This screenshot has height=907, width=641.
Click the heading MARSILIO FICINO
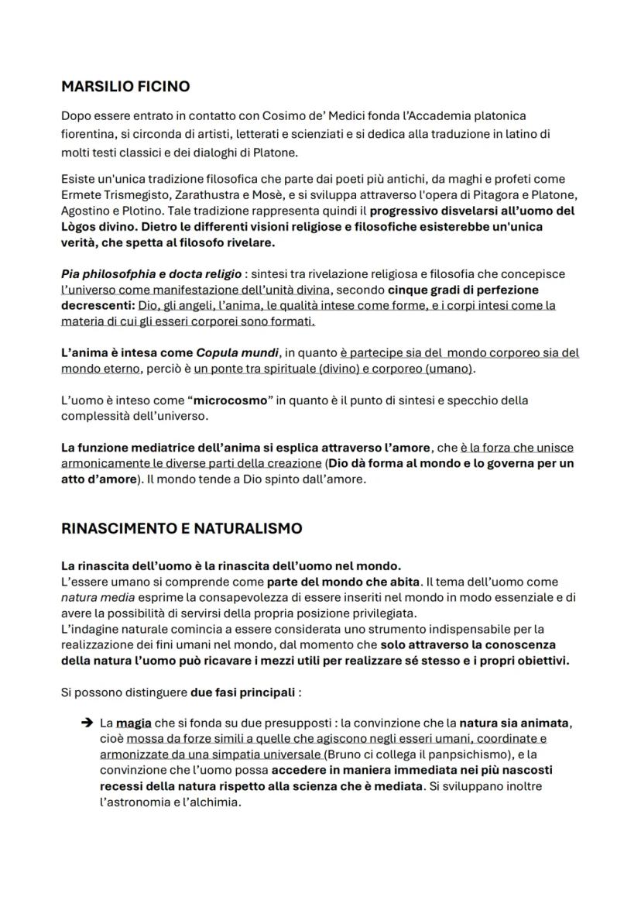point(125,86)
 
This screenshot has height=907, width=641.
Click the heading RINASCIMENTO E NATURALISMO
point(181,528)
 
